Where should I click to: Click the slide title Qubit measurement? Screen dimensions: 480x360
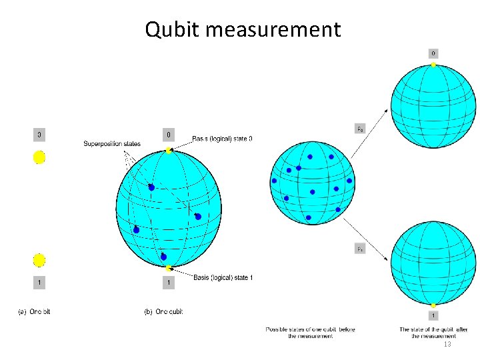click(x=243, y=29)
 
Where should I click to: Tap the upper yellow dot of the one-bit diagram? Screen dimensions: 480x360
click(x=39, y=157)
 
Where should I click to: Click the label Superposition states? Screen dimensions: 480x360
click(x=112, y=144)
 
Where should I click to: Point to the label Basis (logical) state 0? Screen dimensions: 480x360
click(x=223, y=139)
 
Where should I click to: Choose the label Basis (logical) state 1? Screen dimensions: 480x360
click(x=223, y=277)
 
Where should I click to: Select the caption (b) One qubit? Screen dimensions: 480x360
click(x=163, y=311)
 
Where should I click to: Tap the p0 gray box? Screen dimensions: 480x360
click(x=359, y=128)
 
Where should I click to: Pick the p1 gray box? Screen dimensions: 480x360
click(x=359, y=249)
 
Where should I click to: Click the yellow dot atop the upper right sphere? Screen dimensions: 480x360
click(x=433, y=65)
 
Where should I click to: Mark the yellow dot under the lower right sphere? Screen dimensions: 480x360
click(x=433, y=305)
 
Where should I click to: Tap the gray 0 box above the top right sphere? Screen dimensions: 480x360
click(x=433, y=53)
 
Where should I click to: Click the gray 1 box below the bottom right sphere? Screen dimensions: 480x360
click(x=433, y=315)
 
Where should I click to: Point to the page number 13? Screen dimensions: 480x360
click(x=447, y=344)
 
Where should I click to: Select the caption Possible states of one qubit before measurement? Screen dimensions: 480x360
click(x=310, y=333)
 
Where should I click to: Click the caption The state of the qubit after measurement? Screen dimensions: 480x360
click(x=433, y=333)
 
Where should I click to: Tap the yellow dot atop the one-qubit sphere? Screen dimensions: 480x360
click(x=169, y=151)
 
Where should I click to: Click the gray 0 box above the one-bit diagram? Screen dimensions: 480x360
click(x=39, y=135)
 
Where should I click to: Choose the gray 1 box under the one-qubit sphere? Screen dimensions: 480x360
click(x=169, y=283)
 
